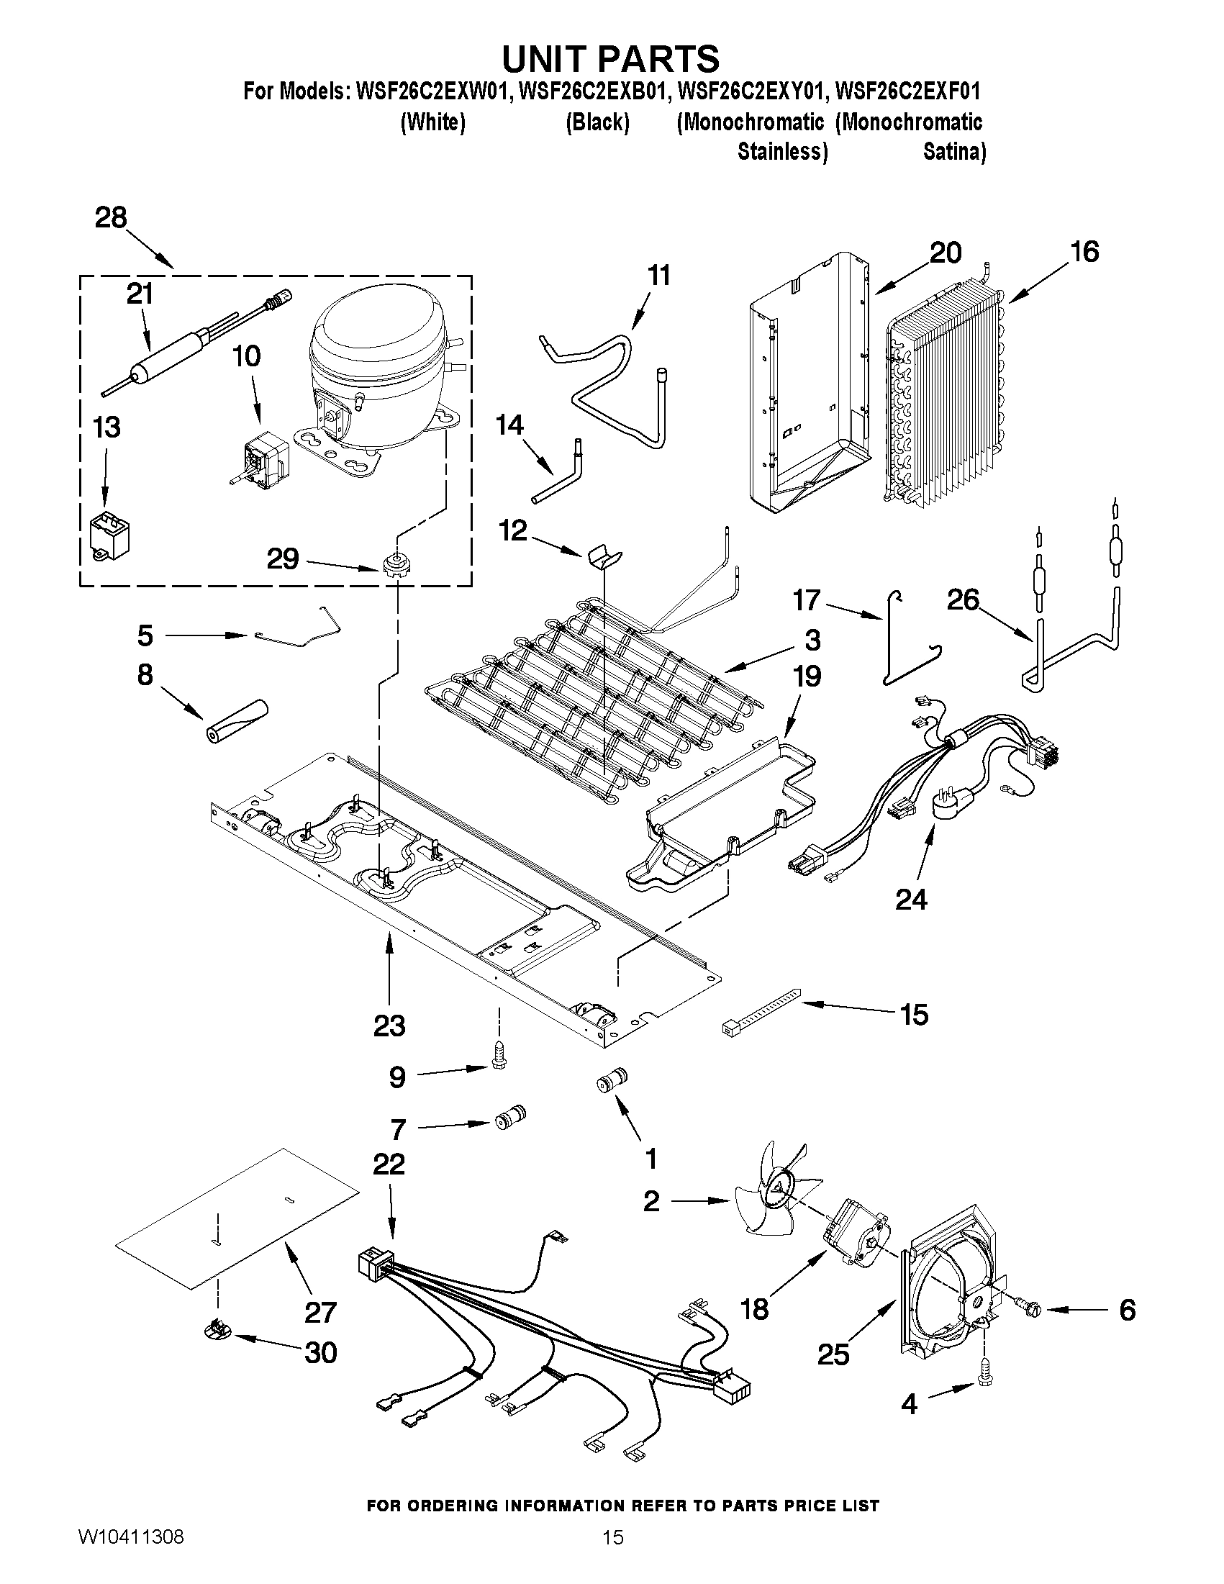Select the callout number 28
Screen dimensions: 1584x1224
[x=111, y=217]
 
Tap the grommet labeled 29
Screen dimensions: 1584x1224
[x=394, y=564]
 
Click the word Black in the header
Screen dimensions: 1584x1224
[x=597, y=122]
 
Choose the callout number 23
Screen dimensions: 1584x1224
[x=389, y=1026]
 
